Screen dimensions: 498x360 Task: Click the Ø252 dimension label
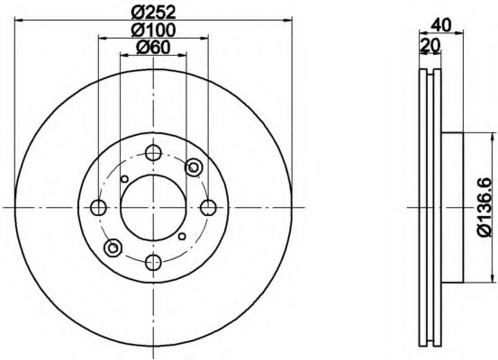153,12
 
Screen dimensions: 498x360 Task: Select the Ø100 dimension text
153,31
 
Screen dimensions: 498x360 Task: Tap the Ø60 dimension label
153,48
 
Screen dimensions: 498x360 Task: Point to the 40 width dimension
441,25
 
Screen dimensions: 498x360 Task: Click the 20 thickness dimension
430,45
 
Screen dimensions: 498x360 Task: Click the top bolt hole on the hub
153,153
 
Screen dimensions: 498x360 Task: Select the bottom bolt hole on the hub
153,262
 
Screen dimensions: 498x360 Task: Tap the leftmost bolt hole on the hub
98,208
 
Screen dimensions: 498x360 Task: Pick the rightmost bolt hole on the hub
208,208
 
